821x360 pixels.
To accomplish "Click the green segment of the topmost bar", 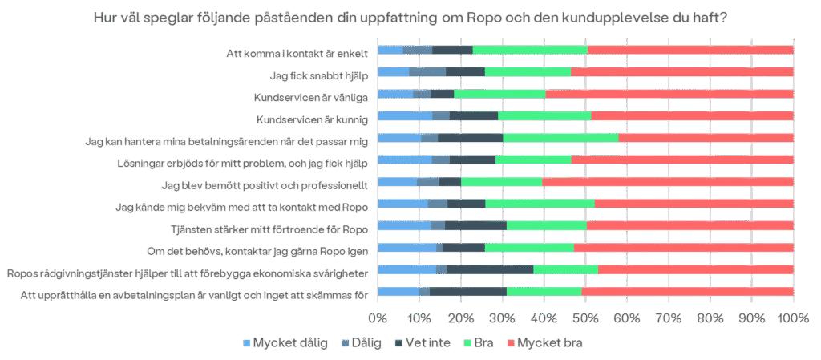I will pos(530,50).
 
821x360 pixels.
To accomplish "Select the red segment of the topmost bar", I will pos(690,50).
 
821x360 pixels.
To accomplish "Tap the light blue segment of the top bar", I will pos(390,50).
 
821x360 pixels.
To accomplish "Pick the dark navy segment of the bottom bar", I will pos(468,291).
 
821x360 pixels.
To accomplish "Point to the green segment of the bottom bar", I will pos(544,291).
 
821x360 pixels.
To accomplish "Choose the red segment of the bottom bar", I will pos(688,291).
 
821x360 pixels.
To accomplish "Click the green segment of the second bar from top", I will pos(528,71).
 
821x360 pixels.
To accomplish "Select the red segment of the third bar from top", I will pos(669,94).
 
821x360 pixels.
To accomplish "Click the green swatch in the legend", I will pos(468,342).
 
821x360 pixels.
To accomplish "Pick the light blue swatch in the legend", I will pos(247,342).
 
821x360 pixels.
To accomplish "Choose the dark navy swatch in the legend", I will pos(398,342).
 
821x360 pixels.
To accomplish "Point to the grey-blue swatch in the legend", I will pos(345,342).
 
